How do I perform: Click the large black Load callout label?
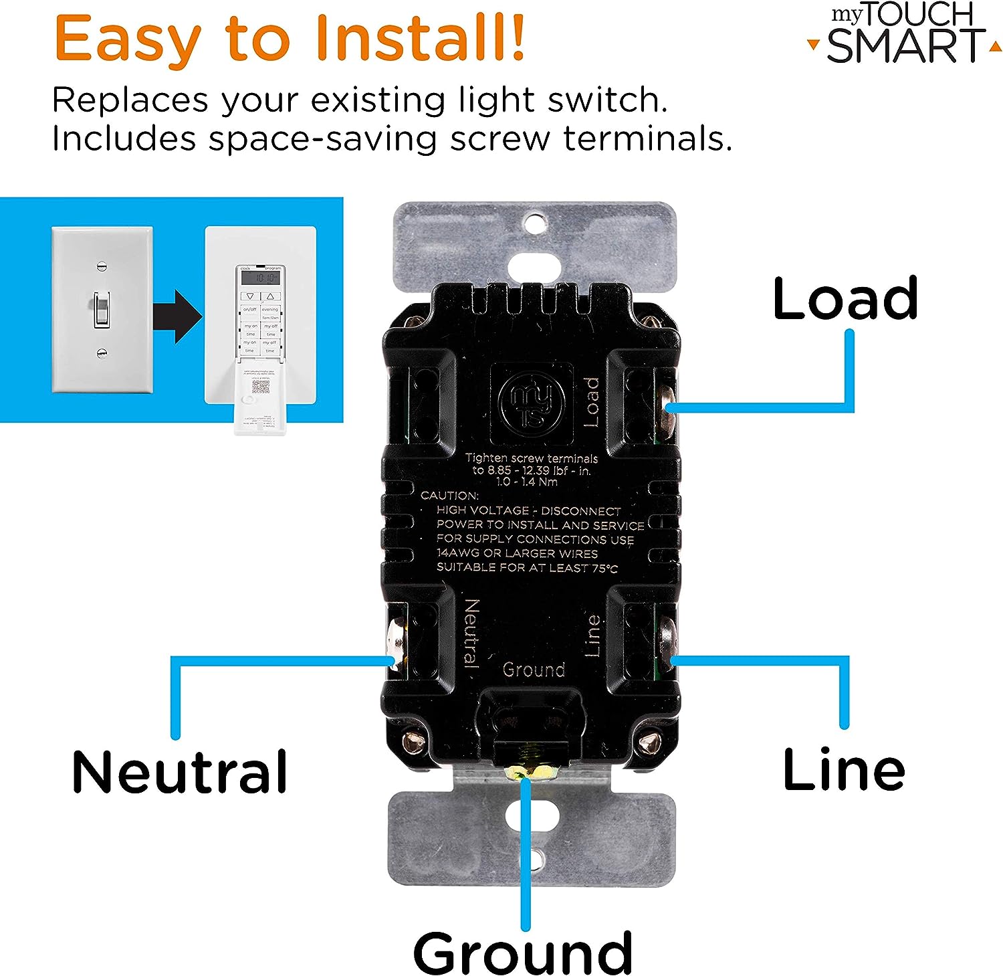845,299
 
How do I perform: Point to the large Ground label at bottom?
523,953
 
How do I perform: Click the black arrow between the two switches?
177,316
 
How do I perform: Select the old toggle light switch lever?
101,308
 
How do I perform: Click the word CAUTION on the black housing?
449,496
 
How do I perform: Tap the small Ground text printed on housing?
534,670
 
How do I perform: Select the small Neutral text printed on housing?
471,633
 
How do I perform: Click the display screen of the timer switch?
260,276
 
